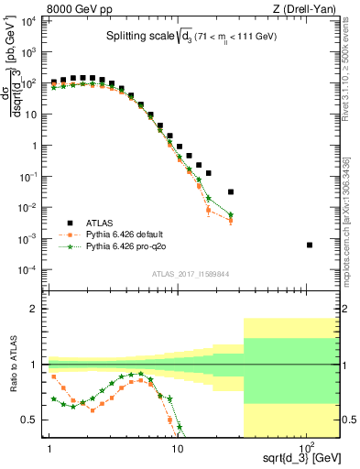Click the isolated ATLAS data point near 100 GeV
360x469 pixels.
click(x=310, y=245)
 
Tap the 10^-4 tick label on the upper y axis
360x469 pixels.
click(x=29, y=269)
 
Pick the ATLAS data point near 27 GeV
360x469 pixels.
click(x=231, y=191)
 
